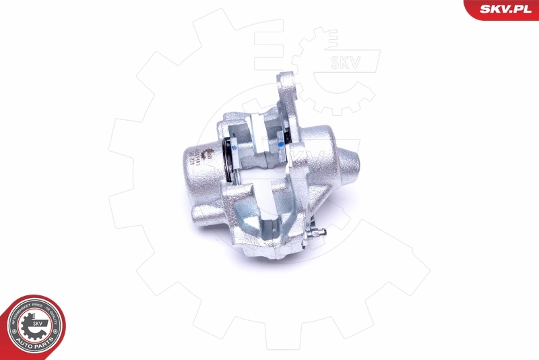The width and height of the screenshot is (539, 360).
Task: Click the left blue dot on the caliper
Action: coord(233,144)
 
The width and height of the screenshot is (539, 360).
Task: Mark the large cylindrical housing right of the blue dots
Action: coord(317,155)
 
